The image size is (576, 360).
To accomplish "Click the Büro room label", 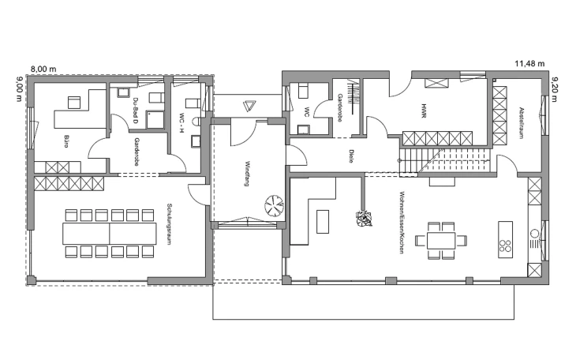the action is click(66, 141).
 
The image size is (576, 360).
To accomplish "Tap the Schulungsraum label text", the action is click(169, 224).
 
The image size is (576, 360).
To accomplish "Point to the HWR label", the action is click(424, 111).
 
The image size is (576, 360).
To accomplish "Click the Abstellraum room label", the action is click(521, 123).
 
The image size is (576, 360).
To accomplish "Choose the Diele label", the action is click(351, 156).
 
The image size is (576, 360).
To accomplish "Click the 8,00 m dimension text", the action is click(43, 69).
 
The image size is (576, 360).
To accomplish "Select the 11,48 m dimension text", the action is click(529, 64).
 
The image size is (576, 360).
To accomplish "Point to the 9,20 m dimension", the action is click(555, 89).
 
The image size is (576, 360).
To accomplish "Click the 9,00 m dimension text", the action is click(20, 88).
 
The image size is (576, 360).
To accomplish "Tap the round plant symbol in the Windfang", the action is click(274, 206).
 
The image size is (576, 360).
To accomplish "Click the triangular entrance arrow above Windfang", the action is click(249, 106).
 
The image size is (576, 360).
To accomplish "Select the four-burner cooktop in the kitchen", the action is click(506, 246).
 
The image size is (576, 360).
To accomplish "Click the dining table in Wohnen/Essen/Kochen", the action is click(441, 241).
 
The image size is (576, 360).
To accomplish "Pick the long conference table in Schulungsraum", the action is click(110, 233).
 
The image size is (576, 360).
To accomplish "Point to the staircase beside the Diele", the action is click(445, 161).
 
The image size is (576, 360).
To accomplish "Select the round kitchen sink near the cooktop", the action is click(534, 233).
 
